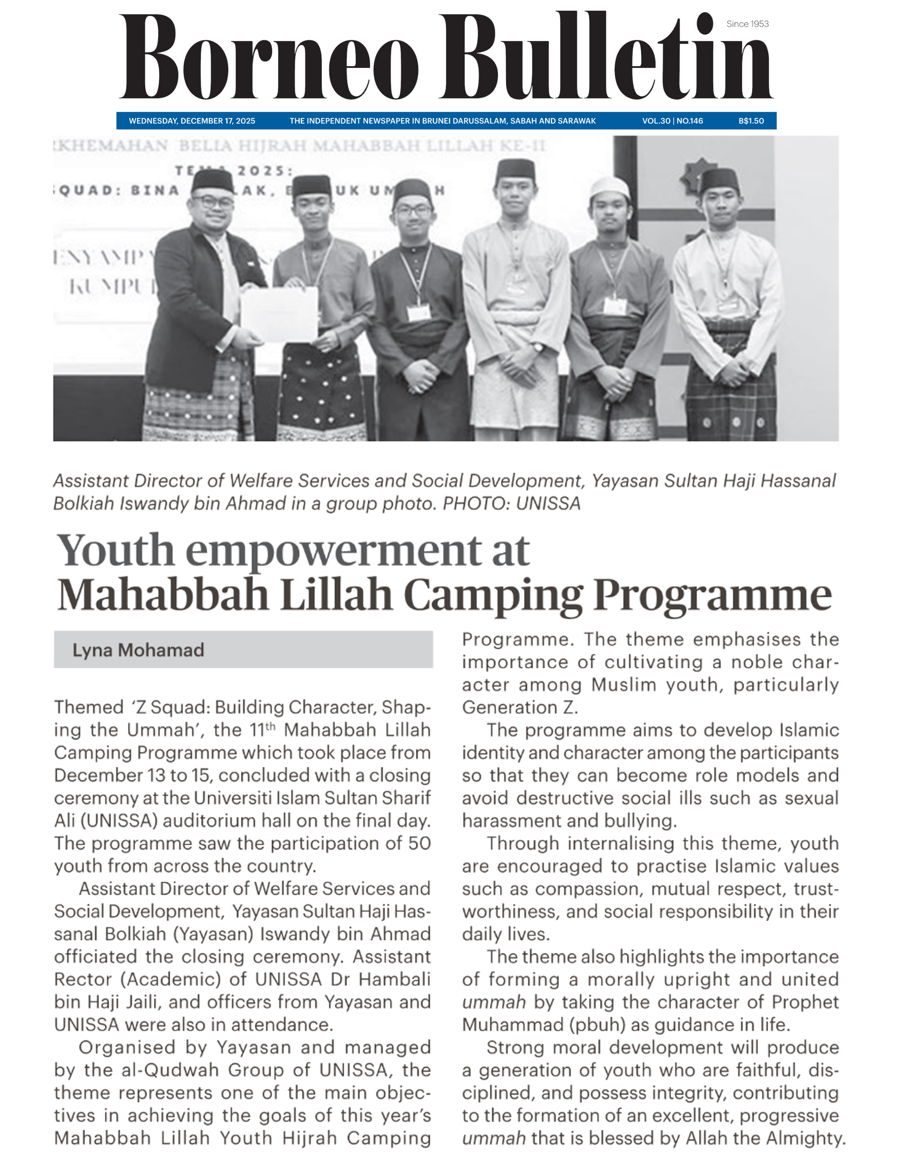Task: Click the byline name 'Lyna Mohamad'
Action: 138,650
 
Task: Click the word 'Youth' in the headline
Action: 115,551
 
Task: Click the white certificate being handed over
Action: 280,314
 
